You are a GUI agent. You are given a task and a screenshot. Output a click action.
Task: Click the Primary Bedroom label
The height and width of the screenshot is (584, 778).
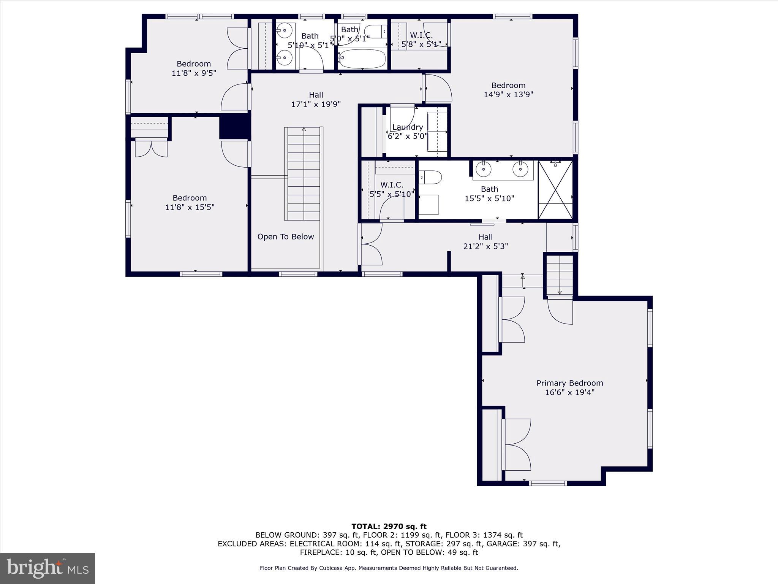[569, 383]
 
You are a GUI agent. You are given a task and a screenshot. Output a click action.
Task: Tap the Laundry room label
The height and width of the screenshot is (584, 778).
[408, 127]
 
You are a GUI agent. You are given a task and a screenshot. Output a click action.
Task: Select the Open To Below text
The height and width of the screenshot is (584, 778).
[286, 236]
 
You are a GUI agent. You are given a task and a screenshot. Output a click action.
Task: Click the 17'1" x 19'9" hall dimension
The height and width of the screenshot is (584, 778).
[316, 104]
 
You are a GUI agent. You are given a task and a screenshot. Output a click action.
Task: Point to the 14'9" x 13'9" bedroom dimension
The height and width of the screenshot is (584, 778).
[508, 95]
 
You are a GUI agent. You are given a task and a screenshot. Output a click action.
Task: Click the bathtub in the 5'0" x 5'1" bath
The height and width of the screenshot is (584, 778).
[362, 59]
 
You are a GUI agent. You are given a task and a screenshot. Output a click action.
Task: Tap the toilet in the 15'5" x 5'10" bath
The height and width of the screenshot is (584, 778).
[431, 177]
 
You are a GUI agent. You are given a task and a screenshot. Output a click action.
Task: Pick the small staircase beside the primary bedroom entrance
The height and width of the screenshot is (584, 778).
[560, 275]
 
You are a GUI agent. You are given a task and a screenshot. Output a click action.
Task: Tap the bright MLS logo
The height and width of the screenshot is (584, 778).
[47, 568]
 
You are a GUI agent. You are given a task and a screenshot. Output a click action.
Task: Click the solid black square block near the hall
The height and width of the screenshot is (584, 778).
[234, 127]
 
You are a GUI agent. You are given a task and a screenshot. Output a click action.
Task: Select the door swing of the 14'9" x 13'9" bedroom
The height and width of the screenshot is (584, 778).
[438, 88]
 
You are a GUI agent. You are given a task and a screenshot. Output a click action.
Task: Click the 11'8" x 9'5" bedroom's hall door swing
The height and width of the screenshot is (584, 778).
[235, 97]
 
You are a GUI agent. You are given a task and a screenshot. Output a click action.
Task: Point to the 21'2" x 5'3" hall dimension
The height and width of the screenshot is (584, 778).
[485, 246]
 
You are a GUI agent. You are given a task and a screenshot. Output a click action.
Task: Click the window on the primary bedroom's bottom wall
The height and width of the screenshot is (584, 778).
[548, 483]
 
